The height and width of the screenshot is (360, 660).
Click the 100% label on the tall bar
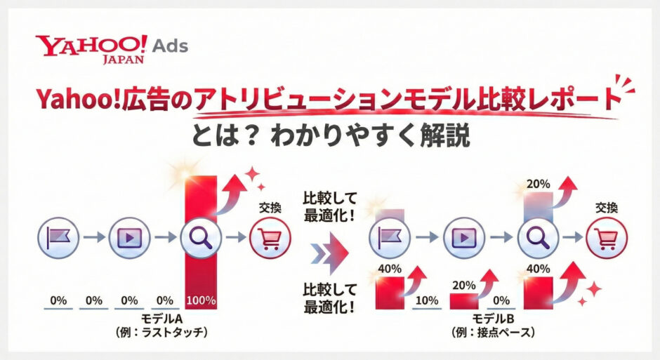200,300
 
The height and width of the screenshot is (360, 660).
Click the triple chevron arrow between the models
330,250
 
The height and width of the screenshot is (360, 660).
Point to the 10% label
428,301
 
